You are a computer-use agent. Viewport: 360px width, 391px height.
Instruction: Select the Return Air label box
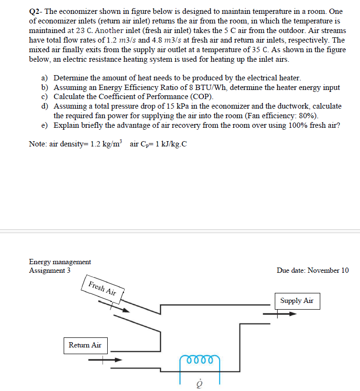[85, 345]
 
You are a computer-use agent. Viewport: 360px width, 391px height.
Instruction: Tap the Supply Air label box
[297, 301]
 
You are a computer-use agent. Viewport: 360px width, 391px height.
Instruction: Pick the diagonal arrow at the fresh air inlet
[119, 307]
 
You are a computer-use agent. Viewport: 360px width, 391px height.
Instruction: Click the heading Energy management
[60, 262]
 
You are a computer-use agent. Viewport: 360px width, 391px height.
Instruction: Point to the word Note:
[38, 145]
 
